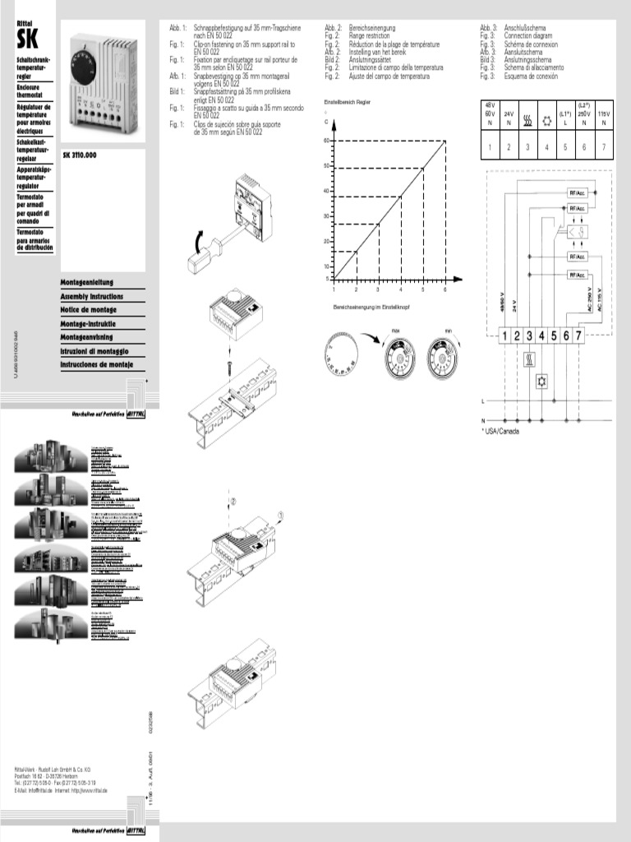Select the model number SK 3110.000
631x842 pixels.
pos(80,155)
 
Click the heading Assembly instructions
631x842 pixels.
pos(92,296)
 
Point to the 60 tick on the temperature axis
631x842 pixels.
pos(326,141)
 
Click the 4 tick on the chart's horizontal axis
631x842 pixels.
pos(401,289)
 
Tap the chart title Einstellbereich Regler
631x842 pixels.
pos(348,100)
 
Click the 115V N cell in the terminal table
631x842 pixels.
pos(604,118)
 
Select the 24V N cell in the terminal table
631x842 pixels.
pos(509,118)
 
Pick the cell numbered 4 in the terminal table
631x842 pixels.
pos(546,147)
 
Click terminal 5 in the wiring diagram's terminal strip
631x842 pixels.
pos(555,335)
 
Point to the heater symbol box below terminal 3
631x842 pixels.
pos(530,360)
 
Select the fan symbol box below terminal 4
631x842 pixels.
pos(542,382)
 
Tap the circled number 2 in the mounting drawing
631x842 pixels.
pos(233,501)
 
